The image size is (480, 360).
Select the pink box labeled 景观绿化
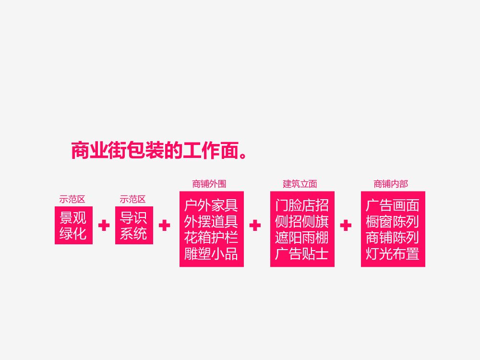coord(73,225)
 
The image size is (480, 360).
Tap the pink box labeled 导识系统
coord(134,225)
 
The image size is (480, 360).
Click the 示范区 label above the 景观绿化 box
coord(72,199)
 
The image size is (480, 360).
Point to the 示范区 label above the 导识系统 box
coord(133,199)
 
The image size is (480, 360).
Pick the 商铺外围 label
coord(209,184)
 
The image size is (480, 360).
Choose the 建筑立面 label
coord(300,184)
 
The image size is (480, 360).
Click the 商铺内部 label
coord(391,184)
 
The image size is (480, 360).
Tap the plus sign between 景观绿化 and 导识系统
coord(104,226)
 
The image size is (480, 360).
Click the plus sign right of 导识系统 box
coord(164,226)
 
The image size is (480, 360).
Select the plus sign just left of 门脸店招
coord(255,226)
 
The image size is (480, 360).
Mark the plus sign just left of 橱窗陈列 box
coord(346,226)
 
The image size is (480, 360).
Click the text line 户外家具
coord(211,206)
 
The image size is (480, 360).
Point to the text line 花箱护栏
coord(211,238)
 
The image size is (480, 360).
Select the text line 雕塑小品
coord(211,253)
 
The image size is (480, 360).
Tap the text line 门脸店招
coord(302,206)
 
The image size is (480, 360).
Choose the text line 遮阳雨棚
coord(302,238)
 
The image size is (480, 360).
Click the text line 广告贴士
coord(302,253)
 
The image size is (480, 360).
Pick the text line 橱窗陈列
coord(393,222)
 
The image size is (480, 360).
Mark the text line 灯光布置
coord(393,253)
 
